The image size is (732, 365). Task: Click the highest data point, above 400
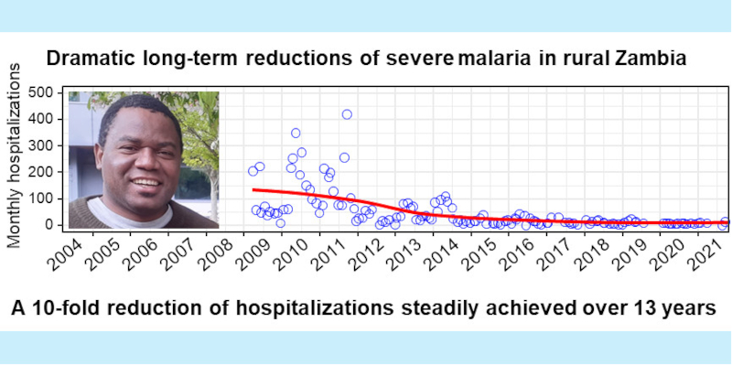(x=347, y=114)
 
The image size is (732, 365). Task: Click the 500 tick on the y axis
(x=41, y=92)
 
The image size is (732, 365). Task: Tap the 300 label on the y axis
(x=41, y=145)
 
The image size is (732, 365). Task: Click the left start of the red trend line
(x=253, y=189)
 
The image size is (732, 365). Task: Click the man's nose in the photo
(x=138, y=154)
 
